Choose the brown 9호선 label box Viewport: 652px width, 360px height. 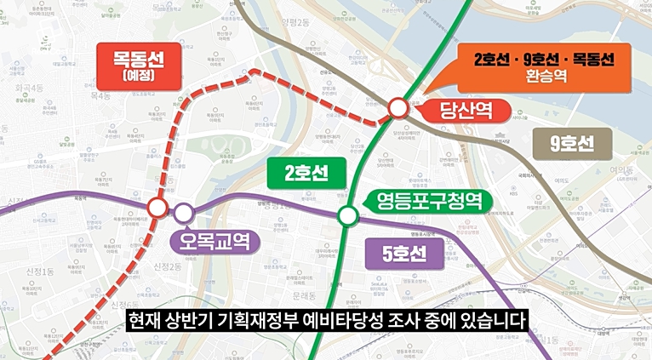[571, 143]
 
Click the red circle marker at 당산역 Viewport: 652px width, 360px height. [398, 109]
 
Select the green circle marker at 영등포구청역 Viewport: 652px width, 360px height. [347, 216]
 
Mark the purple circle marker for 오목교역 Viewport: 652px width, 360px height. [184, 212]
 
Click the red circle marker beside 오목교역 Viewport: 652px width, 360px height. [157, 208]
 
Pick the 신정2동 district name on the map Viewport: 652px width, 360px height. [168, 267]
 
